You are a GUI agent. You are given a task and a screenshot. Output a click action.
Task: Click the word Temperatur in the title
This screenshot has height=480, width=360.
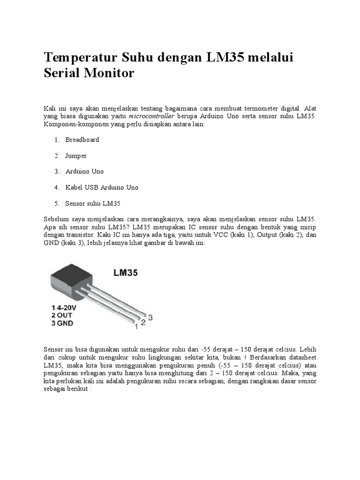tap(80, 59)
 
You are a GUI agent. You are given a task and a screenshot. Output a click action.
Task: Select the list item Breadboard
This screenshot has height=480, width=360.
tap(82, 140)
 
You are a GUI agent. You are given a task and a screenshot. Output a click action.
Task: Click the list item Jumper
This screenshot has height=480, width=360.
tap(76, 156)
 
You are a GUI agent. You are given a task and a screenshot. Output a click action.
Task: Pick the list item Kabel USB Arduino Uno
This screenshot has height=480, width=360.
tap(102, 187)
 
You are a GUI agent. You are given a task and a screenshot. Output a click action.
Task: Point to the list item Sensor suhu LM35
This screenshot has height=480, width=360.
tap(93, 203)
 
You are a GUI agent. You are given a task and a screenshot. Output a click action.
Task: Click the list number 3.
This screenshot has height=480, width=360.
tap(56, 172)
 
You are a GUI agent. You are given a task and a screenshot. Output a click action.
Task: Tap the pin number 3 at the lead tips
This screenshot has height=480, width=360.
tap(150, 317)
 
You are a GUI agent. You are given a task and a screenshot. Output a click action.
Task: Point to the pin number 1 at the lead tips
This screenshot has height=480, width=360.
tap(136, 327)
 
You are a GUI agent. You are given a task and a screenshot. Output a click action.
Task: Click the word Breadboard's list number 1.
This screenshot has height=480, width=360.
tap(56, 140)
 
